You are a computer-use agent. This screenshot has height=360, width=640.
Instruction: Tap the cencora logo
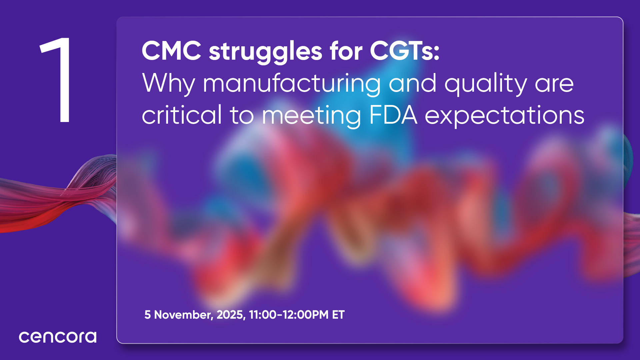pyautogui.click(x=58, y=337)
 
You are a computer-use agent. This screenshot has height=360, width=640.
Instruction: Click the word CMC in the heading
pyautogui.click(x=171, y=51)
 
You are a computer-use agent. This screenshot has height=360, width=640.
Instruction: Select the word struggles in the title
pyautogui.click(x=265, y=53)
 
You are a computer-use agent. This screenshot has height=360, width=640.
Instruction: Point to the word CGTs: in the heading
pyautogui.click(x=405, y=51)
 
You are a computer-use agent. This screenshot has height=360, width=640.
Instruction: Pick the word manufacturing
pyautogui.click(x=292, y=84)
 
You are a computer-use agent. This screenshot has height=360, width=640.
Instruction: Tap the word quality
pyautogui.click(x=486, y=84)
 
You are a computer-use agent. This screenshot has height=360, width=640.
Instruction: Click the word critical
pyautogui.click(x=182, y=115)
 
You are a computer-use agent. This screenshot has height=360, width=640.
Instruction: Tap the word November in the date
pyautogui.click(x=183, y=315)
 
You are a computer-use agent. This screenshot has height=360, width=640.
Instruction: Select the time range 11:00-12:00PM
pyautogui.click(x=289, y=315)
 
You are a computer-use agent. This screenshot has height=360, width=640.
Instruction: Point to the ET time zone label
pyautogui.click(x=338, y=315)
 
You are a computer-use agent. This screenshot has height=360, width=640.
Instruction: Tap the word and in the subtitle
pyautogui.click(x=413, y=83)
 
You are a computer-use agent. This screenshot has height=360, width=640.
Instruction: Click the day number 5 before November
pyautogui.click(x=147, y=315)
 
